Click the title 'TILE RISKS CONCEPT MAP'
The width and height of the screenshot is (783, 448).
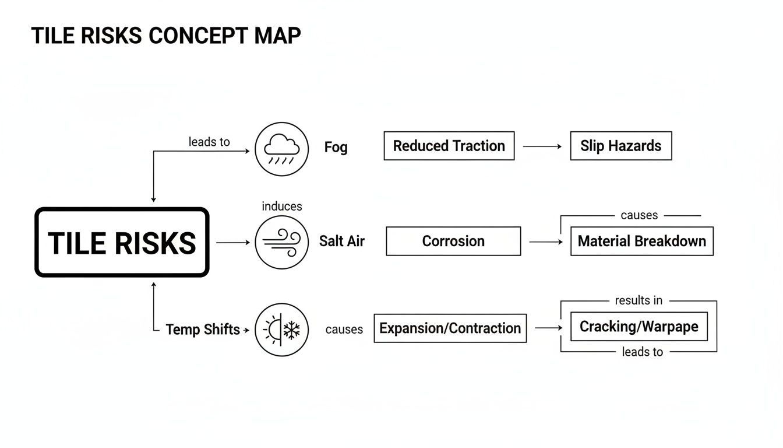click(166, 36)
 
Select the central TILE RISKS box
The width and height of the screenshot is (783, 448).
click(122, 242)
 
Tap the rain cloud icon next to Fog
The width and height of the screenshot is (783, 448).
click(281, 149)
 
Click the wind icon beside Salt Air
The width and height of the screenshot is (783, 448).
click(281, 242)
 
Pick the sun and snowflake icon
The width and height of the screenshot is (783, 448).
click(281, 330)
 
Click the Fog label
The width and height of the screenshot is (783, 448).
click(336, 147)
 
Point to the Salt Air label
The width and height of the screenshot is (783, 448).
click(341, 242)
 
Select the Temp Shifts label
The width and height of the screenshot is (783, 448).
click(203, 330)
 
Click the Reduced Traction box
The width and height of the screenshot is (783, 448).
click(449, 146)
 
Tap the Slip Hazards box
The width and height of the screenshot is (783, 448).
click(620, 146)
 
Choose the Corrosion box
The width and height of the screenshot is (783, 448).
click(453, 242)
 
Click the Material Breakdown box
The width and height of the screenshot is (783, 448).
click(641, 242)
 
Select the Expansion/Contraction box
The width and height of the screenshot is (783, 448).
click(450, 328)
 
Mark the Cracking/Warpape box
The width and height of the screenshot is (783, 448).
click(639, 327)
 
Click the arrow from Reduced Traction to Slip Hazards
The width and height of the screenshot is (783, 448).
click(542, 146)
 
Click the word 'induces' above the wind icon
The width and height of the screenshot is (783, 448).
click(282, 206)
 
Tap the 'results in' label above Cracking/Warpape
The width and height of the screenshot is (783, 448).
click(639, 300)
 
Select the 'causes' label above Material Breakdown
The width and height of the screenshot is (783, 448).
click(639, 215)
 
